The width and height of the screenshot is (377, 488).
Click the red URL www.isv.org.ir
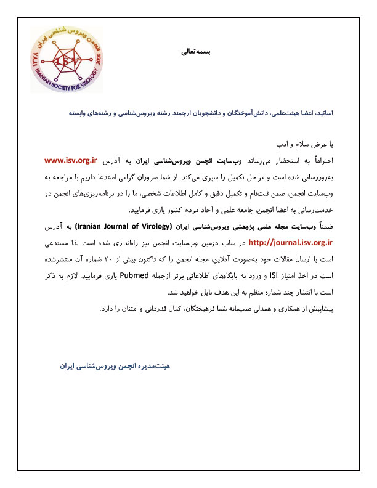tap(72, 161)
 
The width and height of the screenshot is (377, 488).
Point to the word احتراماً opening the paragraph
tap(318, 161)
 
